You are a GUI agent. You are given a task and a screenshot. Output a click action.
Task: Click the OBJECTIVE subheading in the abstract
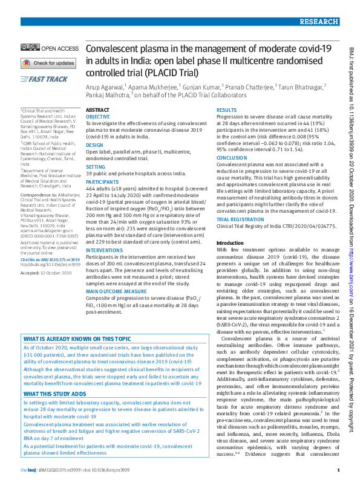click(97, 115)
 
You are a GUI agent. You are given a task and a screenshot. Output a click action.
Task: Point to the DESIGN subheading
click(94, 145)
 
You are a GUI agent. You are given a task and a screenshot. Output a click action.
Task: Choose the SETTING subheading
click(95, 166)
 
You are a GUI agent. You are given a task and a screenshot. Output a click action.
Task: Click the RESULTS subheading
click(226, 111)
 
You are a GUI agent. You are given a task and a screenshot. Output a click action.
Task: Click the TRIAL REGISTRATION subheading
click(240, 219)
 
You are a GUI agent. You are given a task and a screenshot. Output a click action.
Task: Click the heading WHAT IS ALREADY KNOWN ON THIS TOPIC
click(76, 339)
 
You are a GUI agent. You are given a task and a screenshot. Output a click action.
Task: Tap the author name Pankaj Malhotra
click(108, 96)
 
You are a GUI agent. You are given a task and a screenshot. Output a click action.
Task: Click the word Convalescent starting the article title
click(113, 49)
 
